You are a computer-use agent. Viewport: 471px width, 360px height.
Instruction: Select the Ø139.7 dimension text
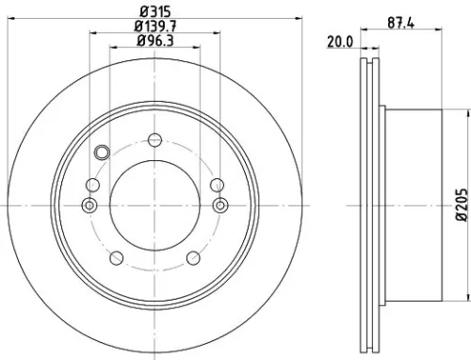tap(154, 25)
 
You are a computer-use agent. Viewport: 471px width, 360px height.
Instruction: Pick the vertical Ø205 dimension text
tap(461, 230)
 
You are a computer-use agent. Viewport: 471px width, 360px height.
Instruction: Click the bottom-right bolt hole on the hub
tap(193, 257)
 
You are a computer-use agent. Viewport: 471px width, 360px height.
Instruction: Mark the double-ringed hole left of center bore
tap(90, 205)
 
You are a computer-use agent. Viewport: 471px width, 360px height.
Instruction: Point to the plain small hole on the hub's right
tap(217, 185)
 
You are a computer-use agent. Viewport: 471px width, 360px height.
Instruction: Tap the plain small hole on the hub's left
tap(92, 185)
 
